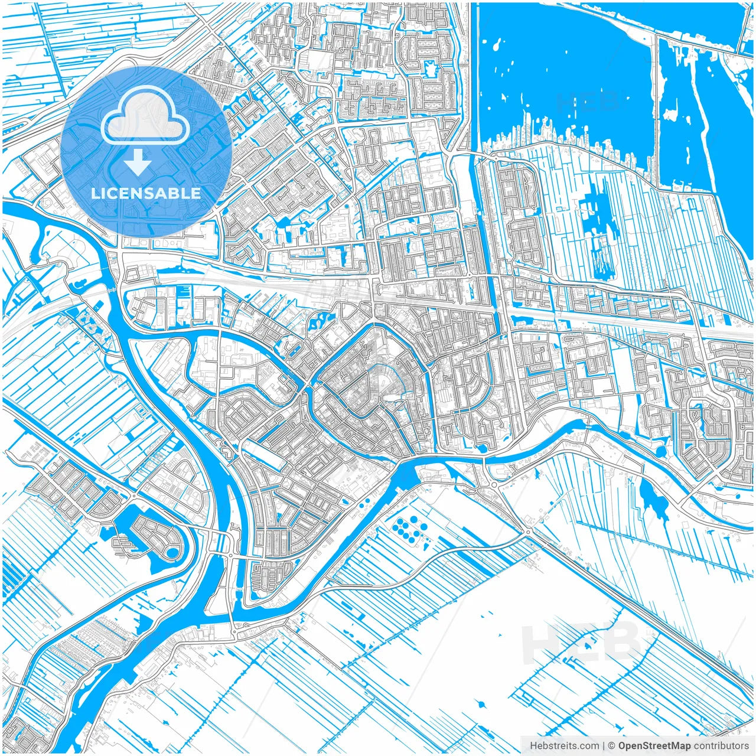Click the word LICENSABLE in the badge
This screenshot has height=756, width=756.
(146, 193)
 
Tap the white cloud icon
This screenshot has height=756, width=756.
(145, 116)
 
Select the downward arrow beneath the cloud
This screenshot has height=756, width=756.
(138, 162)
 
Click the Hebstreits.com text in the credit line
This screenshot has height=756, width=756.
(564, 746)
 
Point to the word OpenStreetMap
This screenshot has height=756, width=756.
(654, 746)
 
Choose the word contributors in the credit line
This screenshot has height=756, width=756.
(721, 746)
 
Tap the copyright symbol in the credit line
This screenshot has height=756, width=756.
(612, 746)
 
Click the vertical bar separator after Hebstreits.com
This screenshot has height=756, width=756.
(604, 746)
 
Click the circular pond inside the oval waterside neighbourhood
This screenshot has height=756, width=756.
(172, 553)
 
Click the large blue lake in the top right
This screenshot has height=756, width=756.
(561, 65)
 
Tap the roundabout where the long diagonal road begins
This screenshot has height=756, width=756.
(527, 532)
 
